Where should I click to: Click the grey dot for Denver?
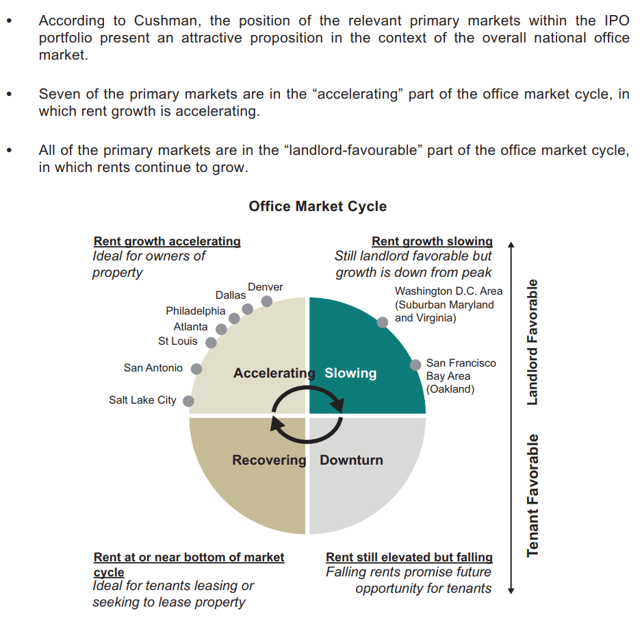[x=266, y=302]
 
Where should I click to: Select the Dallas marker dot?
[x=247, y=309]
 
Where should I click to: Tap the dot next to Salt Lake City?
[x=188, y=401]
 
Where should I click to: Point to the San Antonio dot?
[x=196, y=369]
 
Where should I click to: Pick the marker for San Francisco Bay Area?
[x=415, y=365]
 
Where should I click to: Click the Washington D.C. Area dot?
[x=383, y=323]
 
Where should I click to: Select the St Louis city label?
[x=177, y=341]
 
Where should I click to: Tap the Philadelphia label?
[x=196, y=311]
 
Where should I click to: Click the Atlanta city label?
[x=190, y=327]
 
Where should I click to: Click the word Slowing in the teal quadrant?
[x=350, y=373]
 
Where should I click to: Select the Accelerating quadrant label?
[x=274, y=373]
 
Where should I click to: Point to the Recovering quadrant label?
[x=270, y=460]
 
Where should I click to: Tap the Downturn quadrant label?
[x=351, y=460]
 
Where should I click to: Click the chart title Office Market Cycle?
[x=318, y=206]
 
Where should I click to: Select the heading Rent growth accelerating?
[x=167, y=241]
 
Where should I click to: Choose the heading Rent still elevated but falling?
[x=409, y=557]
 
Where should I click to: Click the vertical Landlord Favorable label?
[x=533, y=342]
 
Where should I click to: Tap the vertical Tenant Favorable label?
[x=533, y=496]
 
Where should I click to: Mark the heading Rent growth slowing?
[x=432, y=241]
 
